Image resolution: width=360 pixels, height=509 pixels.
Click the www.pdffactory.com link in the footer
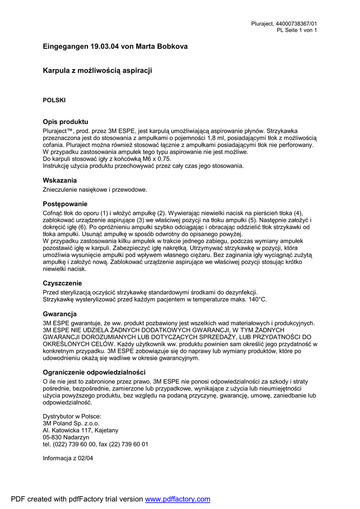178,499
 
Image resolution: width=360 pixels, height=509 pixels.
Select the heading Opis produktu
65,121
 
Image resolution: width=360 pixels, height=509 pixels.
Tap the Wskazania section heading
60,180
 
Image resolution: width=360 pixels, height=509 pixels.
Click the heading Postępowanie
65,204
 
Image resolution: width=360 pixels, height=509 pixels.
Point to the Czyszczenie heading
62,283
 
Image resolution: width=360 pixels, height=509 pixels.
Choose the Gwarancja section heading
60,314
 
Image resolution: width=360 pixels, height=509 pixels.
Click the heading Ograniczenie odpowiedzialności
94,372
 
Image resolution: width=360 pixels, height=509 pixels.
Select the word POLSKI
54,100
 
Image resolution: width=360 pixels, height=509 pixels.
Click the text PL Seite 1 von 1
297,30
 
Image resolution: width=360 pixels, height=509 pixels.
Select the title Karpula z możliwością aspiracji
97,71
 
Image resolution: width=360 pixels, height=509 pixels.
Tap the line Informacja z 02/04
68,458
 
